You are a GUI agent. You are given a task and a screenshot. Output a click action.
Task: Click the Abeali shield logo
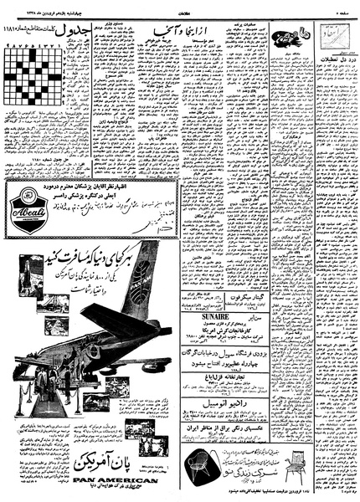tap(25, 203)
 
